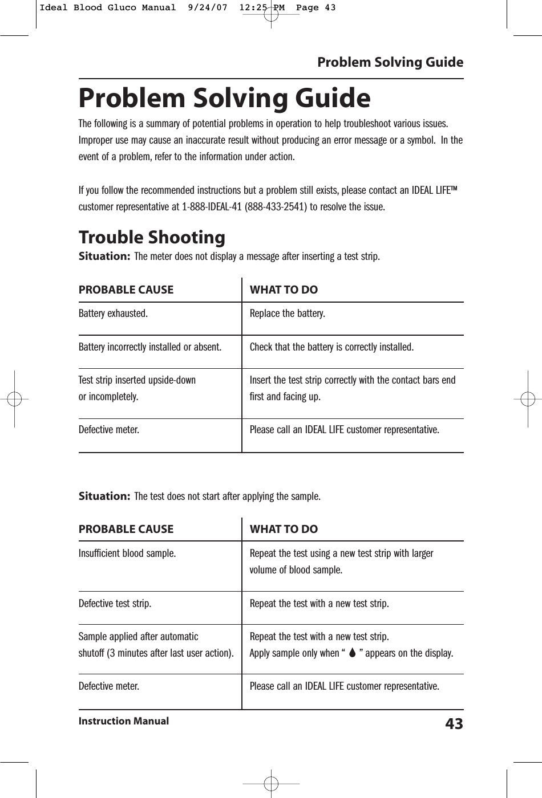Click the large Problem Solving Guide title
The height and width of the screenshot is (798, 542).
224,98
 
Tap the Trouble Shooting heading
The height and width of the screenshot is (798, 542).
152,237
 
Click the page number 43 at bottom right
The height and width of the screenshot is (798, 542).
454,724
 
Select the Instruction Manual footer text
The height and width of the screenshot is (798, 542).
124,721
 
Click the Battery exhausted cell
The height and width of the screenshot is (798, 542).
113,313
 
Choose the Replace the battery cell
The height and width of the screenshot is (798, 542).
288,313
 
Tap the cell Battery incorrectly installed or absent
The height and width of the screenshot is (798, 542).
150,347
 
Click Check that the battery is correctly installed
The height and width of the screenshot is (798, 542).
332,347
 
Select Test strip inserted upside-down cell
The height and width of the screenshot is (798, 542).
137,380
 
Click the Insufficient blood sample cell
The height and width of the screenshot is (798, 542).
127,553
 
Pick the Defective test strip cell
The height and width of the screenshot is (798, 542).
115,604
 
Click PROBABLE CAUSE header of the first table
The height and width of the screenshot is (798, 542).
126,290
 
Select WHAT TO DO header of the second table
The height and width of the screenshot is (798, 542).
284,529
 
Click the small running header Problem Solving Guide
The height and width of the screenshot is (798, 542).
390,62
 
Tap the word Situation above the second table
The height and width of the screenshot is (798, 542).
104,496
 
